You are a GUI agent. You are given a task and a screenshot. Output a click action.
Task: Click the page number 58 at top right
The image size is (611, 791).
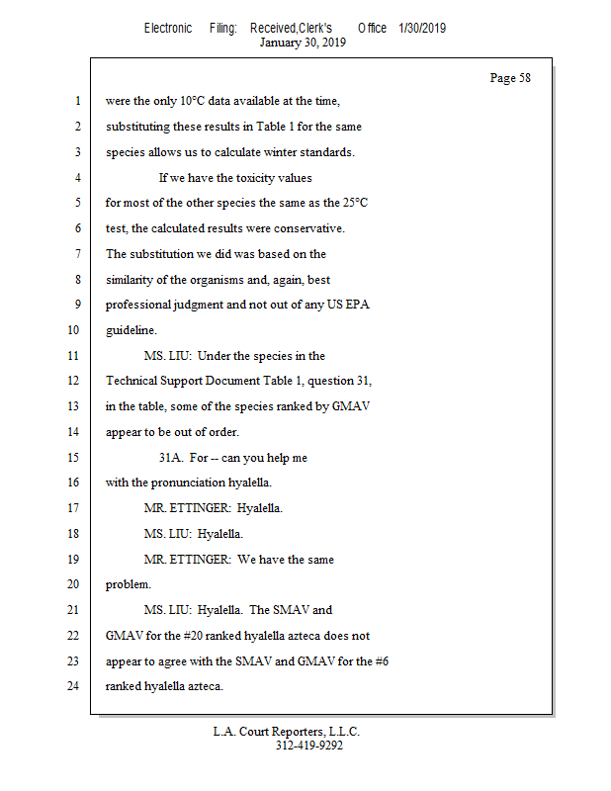pos(510,78)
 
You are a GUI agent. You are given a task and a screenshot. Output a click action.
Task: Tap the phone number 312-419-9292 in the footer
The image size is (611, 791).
pos(308,746)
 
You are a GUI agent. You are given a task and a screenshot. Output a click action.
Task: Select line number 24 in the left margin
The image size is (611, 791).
pos(72,686)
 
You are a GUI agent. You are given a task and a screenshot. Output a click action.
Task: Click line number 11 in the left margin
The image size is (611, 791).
pos(72,355)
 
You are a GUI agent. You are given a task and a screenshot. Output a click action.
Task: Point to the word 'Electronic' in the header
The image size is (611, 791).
pos(168,29)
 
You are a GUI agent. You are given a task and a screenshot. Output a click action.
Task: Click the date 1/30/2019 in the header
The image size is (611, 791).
pos(422,29)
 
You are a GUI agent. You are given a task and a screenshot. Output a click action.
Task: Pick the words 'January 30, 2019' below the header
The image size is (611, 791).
pos(303,43)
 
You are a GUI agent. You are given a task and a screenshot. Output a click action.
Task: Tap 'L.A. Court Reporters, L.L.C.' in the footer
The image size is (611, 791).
pos(287,732)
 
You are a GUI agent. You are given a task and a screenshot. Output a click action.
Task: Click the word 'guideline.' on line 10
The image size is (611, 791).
pos(131,330)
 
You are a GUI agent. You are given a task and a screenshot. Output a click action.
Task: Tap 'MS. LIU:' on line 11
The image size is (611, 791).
pos(167,356)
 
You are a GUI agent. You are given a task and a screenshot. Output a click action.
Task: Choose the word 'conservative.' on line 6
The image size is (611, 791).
pos(305,228)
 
